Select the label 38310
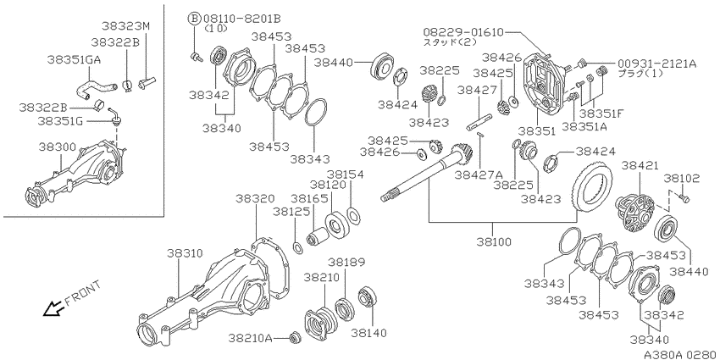184,253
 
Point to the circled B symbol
194,19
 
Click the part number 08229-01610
463,32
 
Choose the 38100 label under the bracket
493,242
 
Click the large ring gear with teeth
592,186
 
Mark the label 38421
640,165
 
